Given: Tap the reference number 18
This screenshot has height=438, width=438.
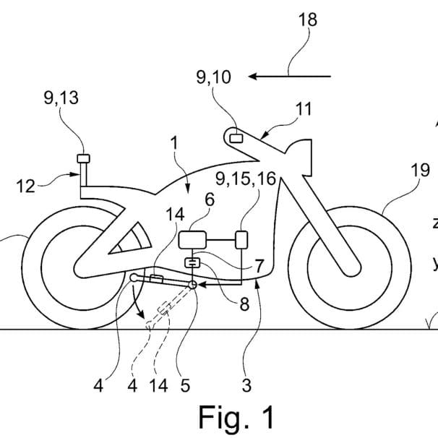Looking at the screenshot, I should [x=308, y=20].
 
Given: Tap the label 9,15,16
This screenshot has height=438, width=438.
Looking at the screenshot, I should [x=246, y=179].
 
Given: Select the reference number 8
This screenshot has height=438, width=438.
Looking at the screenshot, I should [x=244, y=304].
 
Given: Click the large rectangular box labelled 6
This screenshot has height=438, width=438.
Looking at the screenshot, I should [x=194, y=239].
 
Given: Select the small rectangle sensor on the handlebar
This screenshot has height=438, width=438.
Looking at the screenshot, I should [x=236, y=136].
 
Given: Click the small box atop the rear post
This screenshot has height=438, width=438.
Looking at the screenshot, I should [x=84, y=159].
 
